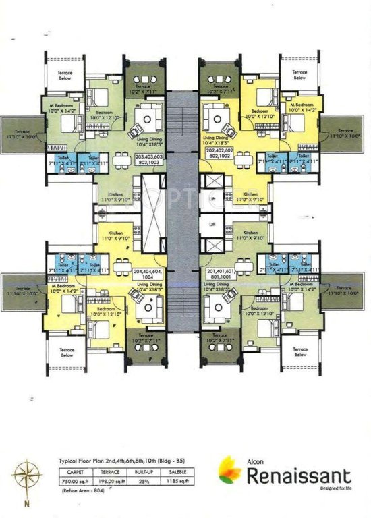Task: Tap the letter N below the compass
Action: pyautogui.click(x=27, y=503)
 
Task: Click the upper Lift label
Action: pyautogui.click(x=212, y=200)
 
